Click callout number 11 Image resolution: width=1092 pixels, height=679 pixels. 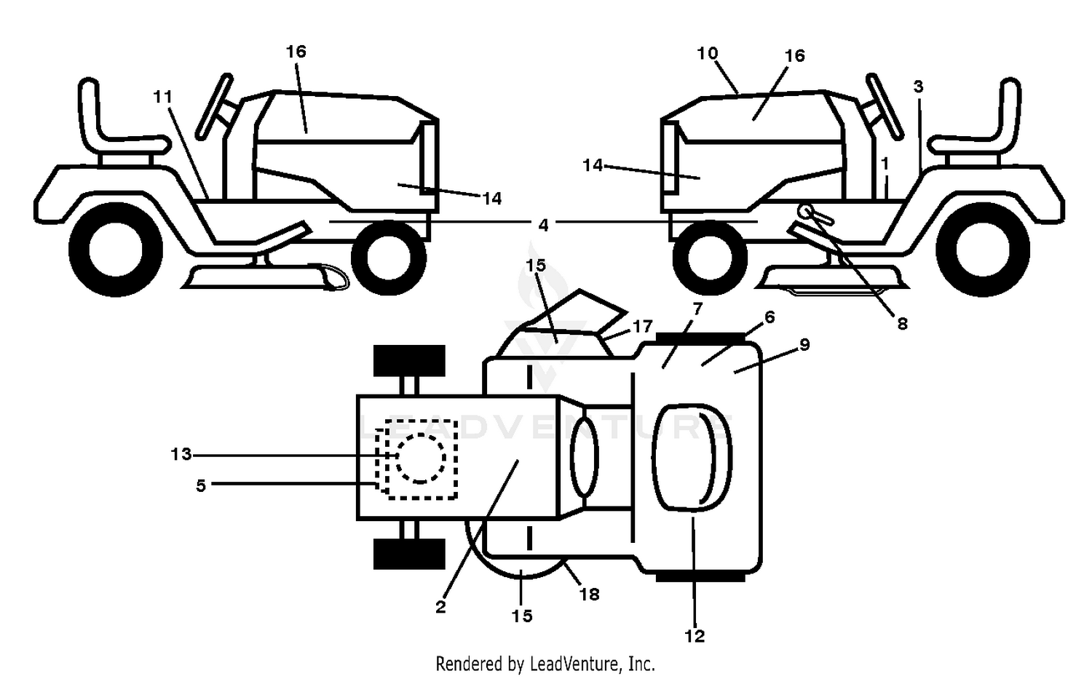(163, 98)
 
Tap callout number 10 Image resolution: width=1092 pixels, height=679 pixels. (708, 53)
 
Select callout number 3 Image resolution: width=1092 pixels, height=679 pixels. (919, 87)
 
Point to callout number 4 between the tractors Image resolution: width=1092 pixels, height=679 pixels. (543, 225)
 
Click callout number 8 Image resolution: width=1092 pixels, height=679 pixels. (903, 324)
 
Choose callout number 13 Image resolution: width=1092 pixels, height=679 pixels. (181, 454)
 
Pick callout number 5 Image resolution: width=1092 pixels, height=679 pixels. (201, 486)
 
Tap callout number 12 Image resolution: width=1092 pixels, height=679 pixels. (695, 636)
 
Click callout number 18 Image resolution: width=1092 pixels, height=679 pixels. (590, 595)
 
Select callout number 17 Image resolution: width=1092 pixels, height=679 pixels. (642, 327)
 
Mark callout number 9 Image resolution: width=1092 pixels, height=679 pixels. (805, 345)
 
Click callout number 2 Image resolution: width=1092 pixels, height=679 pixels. (440, 608)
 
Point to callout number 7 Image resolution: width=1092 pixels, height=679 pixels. (697, 309)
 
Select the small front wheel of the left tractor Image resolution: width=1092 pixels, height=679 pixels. (389, 258)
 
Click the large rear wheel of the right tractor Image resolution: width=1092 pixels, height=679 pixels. (983, 250)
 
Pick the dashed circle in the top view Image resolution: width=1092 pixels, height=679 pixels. (421, 458)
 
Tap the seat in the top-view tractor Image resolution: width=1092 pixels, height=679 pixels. (692, 458)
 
